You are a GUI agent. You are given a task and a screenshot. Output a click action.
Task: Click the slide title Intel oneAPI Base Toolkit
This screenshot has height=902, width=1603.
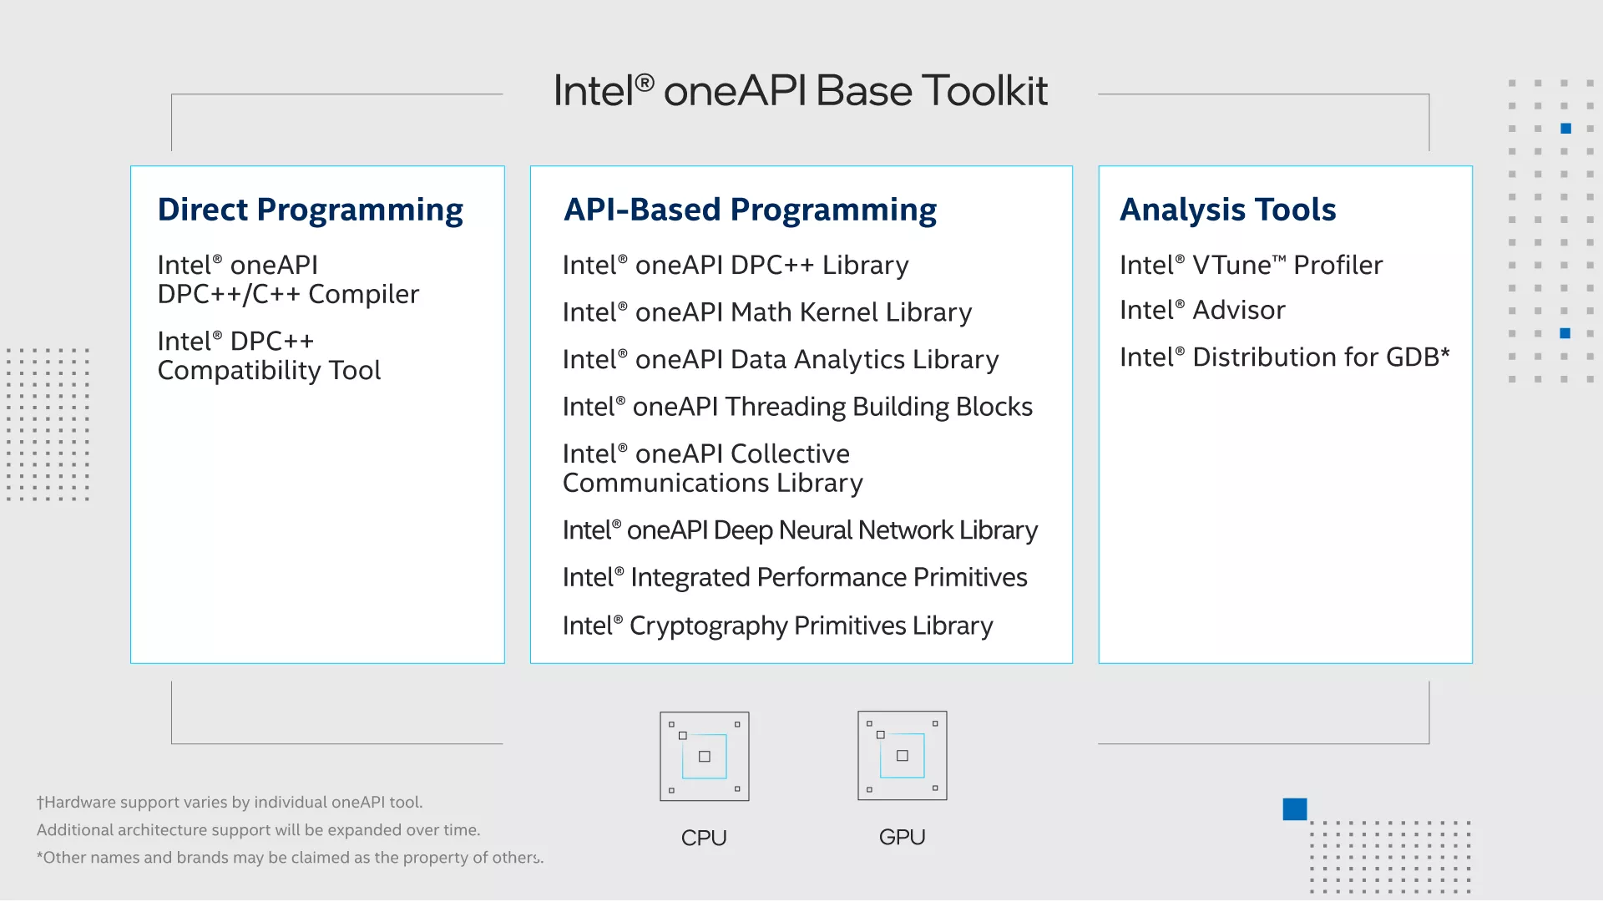pos(801,90)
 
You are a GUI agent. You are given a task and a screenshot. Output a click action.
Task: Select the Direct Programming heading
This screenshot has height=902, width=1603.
pos(311,210)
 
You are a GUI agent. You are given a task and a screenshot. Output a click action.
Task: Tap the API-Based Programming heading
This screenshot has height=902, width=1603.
pos(751,210)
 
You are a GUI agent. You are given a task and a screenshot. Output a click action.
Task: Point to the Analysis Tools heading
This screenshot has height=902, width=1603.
pos(1228,210)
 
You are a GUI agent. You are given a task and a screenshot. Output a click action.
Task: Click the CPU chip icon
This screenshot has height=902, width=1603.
pos(705,757)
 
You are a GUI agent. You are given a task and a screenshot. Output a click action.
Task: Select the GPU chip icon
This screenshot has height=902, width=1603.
pos(903,756)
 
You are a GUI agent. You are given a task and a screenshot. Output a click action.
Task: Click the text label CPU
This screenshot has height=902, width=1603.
pos(704,838)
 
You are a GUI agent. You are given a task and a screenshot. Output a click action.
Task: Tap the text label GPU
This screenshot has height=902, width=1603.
pos(903,837)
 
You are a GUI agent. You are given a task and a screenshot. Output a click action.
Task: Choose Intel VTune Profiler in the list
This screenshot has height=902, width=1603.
pos(1252,266)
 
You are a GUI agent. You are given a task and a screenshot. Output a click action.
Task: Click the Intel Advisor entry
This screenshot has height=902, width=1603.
pos(1202,311)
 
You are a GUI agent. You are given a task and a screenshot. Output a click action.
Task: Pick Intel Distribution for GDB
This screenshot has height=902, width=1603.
pos(1285,357)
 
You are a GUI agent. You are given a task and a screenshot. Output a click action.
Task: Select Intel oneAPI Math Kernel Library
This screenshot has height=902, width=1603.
pos(767,312)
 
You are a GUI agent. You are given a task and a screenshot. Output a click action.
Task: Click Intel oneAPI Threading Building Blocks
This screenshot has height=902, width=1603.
pos(798,408)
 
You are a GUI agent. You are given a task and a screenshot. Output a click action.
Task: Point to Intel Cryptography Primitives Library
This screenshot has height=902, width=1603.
pos(778,626)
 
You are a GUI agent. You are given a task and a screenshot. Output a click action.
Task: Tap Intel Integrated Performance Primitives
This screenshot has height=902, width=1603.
pos(795,578)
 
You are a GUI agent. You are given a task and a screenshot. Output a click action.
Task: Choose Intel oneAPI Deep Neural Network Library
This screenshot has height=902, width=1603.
pos(801,530)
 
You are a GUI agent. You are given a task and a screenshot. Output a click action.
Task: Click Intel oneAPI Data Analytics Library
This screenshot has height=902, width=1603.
pos(781,360)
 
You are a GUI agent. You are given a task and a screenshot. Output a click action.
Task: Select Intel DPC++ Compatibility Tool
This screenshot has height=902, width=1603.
pos(269,356)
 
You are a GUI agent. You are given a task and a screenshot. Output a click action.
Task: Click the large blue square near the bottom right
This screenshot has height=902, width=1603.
pos(1295,809)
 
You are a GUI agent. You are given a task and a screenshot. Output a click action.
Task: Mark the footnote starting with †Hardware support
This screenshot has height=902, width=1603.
pos(230,803)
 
